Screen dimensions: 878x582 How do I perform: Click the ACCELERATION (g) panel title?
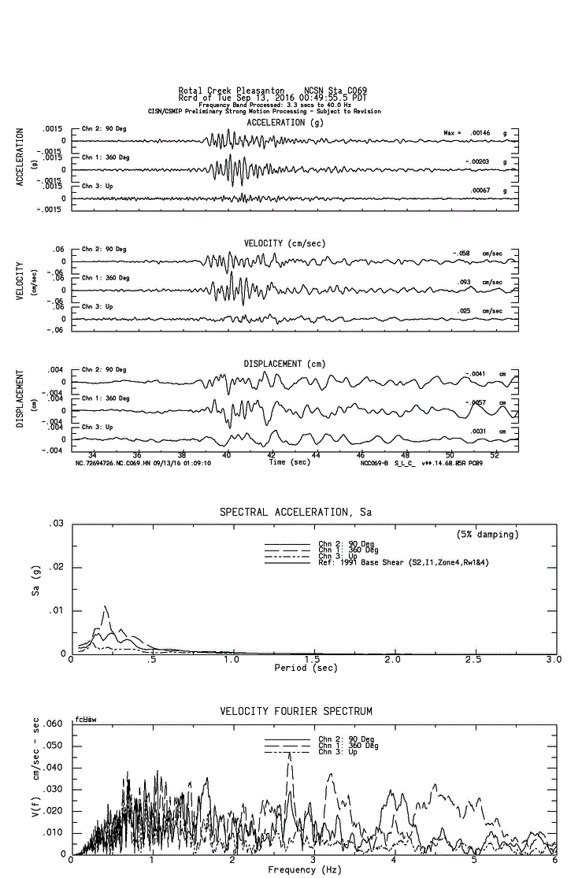284,123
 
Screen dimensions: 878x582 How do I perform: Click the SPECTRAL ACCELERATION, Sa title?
295,513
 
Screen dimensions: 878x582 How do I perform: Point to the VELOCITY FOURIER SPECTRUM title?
295,712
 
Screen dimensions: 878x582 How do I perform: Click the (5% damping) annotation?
487,535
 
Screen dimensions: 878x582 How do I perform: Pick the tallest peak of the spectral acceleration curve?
105,606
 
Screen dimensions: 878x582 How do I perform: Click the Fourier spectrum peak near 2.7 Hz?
289,754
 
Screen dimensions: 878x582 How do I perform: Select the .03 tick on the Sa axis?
57,524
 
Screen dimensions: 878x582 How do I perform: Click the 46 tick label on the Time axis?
361,455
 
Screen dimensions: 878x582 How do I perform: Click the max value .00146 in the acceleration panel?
480,133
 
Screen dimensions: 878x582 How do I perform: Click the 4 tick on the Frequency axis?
394,860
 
